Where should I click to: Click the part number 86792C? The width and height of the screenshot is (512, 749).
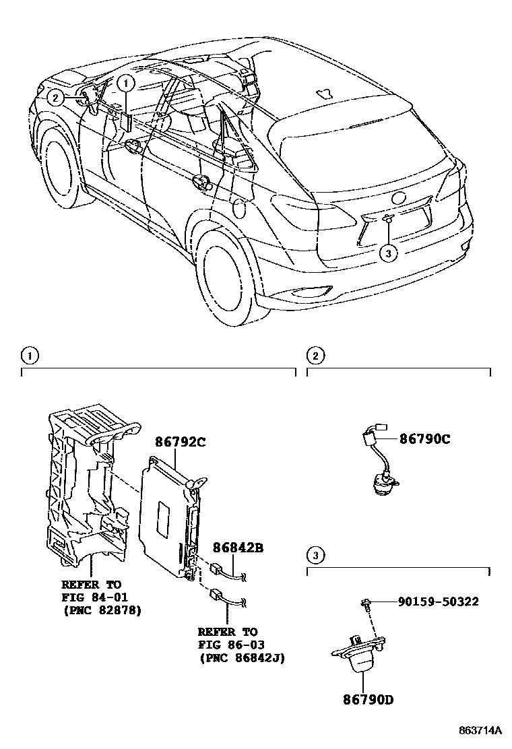180,443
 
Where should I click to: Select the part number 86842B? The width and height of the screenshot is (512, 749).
238,548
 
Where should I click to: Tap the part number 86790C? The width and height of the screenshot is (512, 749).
424,439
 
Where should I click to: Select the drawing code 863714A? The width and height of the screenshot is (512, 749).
480,731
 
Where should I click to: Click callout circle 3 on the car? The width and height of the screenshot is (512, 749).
388,253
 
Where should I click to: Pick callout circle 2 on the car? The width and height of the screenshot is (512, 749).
55,98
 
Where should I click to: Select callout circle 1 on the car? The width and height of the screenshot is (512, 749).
126,83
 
